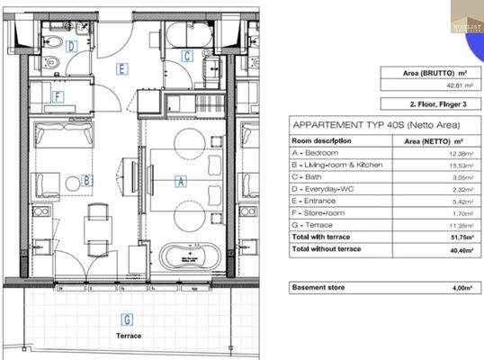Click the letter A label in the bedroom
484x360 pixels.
pyautogui.click(x=181, y=181)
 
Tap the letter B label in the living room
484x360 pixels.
pyautogui.click(x=86, y=180)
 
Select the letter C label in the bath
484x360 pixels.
pyautogui.click(x=186, y=57)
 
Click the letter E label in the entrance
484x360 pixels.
pyautogui.click(x=121, y=68)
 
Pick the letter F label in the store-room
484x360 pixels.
pyautogui.click(x=58, y=97)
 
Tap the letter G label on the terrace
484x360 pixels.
pyautogui.click(x=127, y=319)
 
